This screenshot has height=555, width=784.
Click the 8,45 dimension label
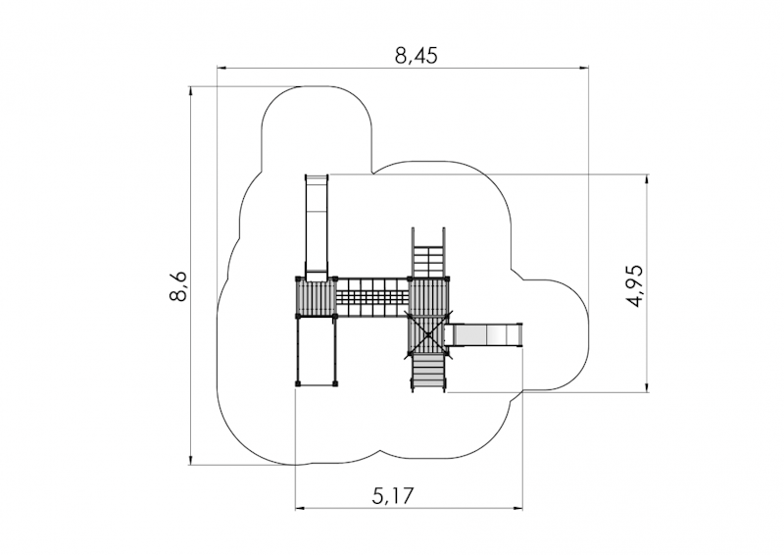pyautogui.click(x=416, y=56)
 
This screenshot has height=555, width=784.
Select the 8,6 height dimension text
pyautogui.click(x=178, y=285)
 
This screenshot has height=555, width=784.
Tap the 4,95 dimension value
pyautogui.click(x=635, y=285)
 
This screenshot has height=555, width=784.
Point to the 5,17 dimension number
pyautogui.click(x=393, y=496)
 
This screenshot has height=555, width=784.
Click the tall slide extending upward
pyautogui.click(x=317, y=227)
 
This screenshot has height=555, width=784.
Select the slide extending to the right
pyautogui.click(x=484, y=334)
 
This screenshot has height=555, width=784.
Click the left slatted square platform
pyautogui.click(x=316, y=297)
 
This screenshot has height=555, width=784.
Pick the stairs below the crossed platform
pyautogui.click(x=428, y=372)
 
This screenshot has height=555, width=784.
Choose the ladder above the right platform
pyautogui.click(x=428, y=253)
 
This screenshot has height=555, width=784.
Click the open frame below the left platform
pyautogui.click(x=317, y=351)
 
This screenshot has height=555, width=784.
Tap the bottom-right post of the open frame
pyautogui.click(x=334, y=383)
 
